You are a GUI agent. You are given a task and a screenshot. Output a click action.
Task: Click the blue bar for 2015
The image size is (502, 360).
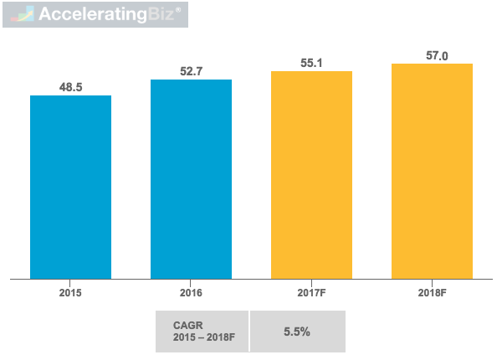point(70,186)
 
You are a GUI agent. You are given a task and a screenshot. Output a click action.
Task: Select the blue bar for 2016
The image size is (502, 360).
point(191,178)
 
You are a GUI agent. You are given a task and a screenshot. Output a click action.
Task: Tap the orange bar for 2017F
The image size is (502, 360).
point(311,174)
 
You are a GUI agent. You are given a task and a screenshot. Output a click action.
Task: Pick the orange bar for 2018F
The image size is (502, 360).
point(432,171)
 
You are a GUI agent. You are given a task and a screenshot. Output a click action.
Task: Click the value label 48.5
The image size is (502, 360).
point(70,86)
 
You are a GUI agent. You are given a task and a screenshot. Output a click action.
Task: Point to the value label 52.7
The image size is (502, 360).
point(191,71)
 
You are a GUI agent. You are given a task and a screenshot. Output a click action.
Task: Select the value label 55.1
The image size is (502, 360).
point(311,63)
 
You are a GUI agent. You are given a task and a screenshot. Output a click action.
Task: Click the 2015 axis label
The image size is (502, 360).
point(70,294)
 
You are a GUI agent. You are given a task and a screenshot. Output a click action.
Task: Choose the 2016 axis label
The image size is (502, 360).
point(191,294)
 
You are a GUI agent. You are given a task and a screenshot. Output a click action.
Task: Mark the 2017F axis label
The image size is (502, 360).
point(311,294)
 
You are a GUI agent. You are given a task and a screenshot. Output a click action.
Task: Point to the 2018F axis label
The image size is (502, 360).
point(432,294)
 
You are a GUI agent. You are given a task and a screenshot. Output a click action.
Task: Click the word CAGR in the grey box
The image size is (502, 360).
point(177,324)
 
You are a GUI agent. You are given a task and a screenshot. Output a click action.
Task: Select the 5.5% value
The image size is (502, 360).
point(296,332)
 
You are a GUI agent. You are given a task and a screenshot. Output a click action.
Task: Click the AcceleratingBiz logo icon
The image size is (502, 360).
point(19,15)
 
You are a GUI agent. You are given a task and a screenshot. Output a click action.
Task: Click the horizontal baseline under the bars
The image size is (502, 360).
point(251,279)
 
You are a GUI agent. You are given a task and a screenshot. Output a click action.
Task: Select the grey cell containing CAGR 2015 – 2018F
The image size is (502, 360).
point(202,332)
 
